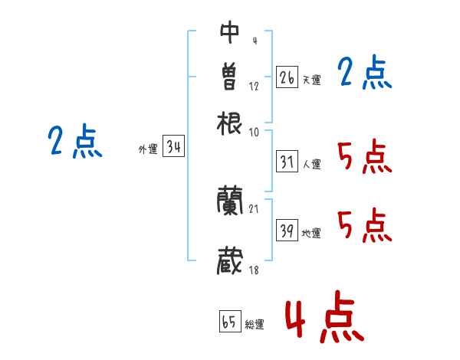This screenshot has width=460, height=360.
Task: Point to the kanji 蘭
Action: click(x=230, y=201)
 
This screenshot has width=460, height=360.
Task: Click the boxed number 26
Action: click(x=287, y=77)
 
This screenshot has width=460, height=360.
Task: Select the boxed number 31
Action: click(x=287, y=162)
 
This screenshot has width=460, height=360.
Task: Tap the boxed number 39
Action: click(x=287, y=231)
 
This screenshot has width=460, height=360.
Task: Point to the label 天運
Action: click(x=311, y=79)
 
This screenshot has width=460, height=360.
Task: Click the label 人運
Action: click(x=311, y=163)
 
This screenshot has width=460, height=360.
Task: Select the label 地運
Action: click(x=311, y=233)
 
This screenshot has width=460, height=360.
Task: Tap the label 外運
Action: click(x=147, y=149)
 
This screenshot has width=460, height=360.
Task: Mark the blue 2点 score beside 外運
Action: click(x=75, y=142)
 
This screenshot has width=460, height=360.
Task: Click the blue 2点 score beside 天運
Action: click(x=365, y=74)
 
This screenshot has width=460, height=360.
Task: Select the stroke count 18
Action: click(x=254, y=270)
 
